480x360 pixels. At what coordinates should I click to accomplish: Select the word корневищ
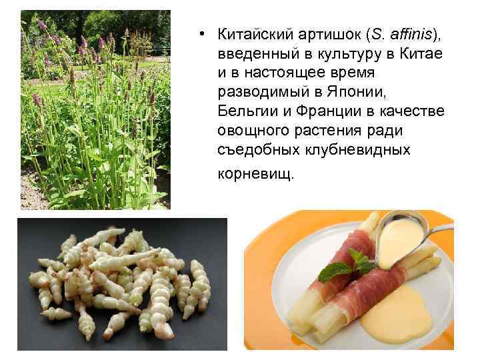254,174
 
